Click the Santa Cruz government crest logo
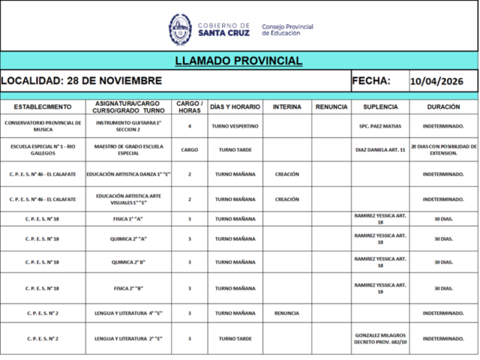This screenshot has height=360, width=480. (x=180, y=28)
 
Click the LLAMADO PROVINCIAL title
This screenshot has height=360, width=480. (x=238, y=61)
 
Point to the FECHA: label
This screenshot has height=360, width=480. (x=371, y=80)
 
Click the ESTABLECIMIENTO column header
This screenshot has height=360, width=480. (x=43, y=106)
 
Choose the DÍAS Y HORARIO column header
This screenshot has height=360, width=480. (x=235, y=106)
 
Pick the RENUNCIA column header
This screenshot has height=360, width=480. (x=331, y=106)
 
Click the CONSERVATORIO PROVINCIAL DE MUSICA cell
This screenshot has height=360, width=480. (x=43, y=126)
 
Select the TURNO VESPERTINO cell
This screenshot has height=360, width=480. (x=235, y=126)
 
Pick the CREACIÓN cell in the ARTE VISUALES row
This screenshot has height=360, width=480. (x=286, y=199)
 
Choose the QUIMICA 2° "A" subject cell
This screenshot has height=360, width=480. (x=127, y=238)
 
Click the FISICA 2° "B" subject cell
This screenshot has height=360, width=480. (x=127, y=288)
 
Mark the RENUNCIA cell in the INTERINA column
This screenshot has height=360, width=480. (x=286, y=313)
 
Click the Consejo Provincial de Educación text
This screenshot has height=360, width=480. (x=287, y=30)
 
